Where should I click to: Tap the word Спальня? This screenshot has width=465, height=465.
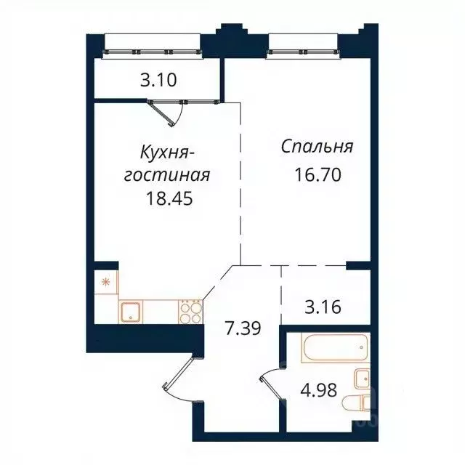[317, 147]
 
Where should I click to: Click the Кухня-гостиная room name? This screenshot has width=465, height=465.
[168, 163]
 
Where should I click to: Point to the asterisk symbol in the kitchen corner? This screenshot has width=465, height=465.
[104, 280]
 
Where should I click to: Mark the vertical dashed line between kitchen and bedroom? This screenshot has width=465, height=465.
[240, 182]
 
